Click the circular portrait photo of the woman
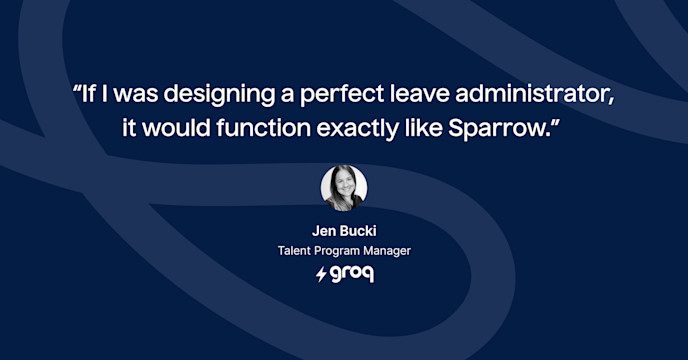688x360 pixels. [x=344, y=188]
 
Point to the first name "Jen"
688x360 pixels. [x=325, y=230]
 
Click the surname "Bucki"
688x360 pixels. [x=358, y=230]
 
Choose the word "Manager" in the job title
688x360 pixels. [x=388, y=250]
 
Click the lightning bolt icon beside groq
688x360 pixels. [x=321, y=273]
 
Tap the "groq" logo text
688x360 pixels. [x=351, y=273]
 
